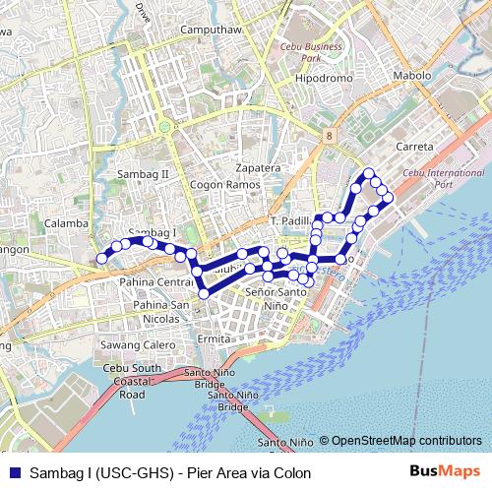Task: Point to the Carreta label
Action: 413,146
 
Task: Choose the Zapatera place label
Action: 258,167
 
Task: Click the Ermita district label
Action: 213,338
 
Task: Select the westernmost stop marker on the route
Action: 100,259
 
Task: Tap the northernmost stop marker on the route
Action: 370,174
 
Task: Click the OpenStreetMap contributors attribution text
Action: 406,440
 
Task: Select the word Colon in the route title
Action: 292,473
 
